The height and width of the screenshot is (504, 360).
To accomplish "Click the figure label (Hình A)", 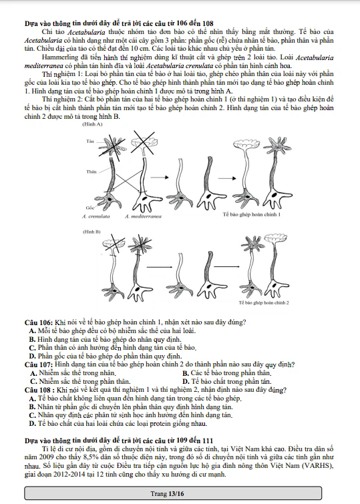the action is pos(92,124).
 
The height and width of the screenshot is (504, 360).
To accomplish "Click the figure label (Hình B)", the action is pos(92,232).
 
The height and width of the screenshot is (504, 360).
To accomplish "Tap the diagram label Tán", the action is pos(90,141).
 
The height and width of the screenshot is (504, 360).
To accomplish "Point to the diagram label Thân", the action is pos(92,172).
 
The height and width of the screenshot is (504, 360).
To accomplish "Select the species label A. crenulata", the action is pos(96,216).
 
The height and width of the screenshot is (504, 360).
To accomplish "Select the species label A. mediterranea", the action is pos(143,216).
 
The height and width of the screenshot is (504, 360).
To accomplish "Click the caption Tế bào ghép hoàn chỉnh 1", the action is pos(252,214).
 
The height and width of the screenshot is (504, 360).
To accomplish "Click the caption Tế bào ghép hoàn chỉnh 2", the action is pos(264,303).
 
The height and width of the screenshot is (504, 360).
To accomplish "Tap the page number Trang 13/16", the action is pos(167,494).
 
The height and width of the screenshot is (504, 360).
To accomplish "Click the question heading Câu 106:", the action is pos(39,322).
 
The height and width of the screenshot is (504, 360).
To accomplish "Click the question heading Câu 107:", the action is pos(39,365).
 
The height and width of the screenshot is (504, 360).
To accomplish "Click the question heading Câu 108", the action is pos(37,391).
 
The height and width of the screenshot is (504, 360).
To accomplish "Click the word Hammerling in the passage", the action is pos(57,58).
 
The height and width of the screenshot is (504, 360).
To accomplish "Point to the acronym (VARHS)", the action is pos(320,466).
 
